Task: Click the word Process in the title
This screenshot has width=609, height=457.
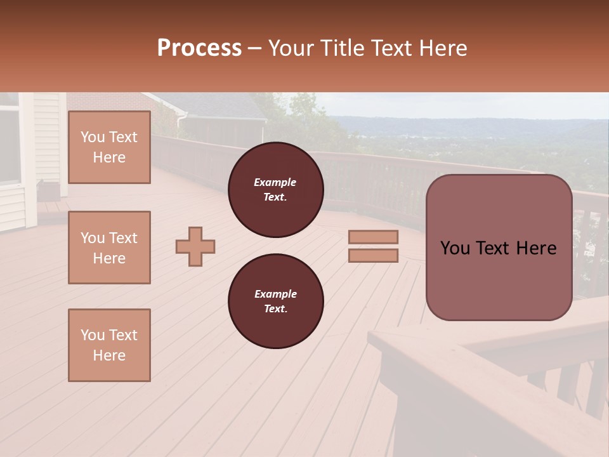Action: pos(199,48)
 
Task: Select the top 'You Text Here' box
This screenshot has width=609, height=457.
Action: pos(109,147)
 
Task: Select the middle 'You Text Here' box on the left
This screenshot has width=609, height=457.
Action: pos(109,248)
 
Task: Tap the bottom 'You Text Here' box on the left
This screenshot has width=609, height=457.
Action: pos(109,345)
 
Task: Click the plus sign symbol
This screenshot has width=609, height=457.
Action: pos(195,246)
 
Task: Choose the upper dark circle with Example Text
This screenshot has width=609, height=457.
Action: pos(275,190)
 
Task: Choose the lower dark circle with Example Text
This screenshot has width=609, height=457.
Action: pos(275,301)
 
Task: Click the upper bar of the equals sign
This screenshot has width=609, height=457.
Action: pos(373,237)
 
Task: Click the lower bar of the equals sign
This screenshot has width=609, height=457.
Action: pos(373,256)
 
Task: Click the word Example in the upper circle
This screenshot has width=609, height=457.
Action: pos(275,182)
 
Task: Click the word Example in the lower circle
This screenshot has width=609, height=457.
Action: pos(275,294)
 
